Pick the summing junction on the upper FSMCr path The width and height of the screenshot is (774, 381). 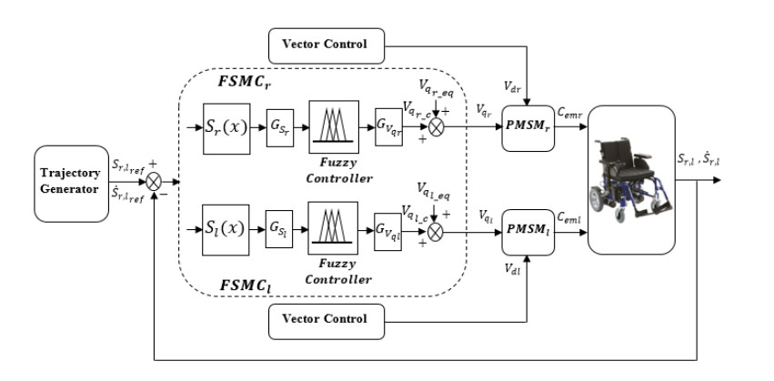pos(437,126)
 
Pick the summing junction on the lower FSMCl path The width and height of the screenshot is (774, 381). pos(437,233)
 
